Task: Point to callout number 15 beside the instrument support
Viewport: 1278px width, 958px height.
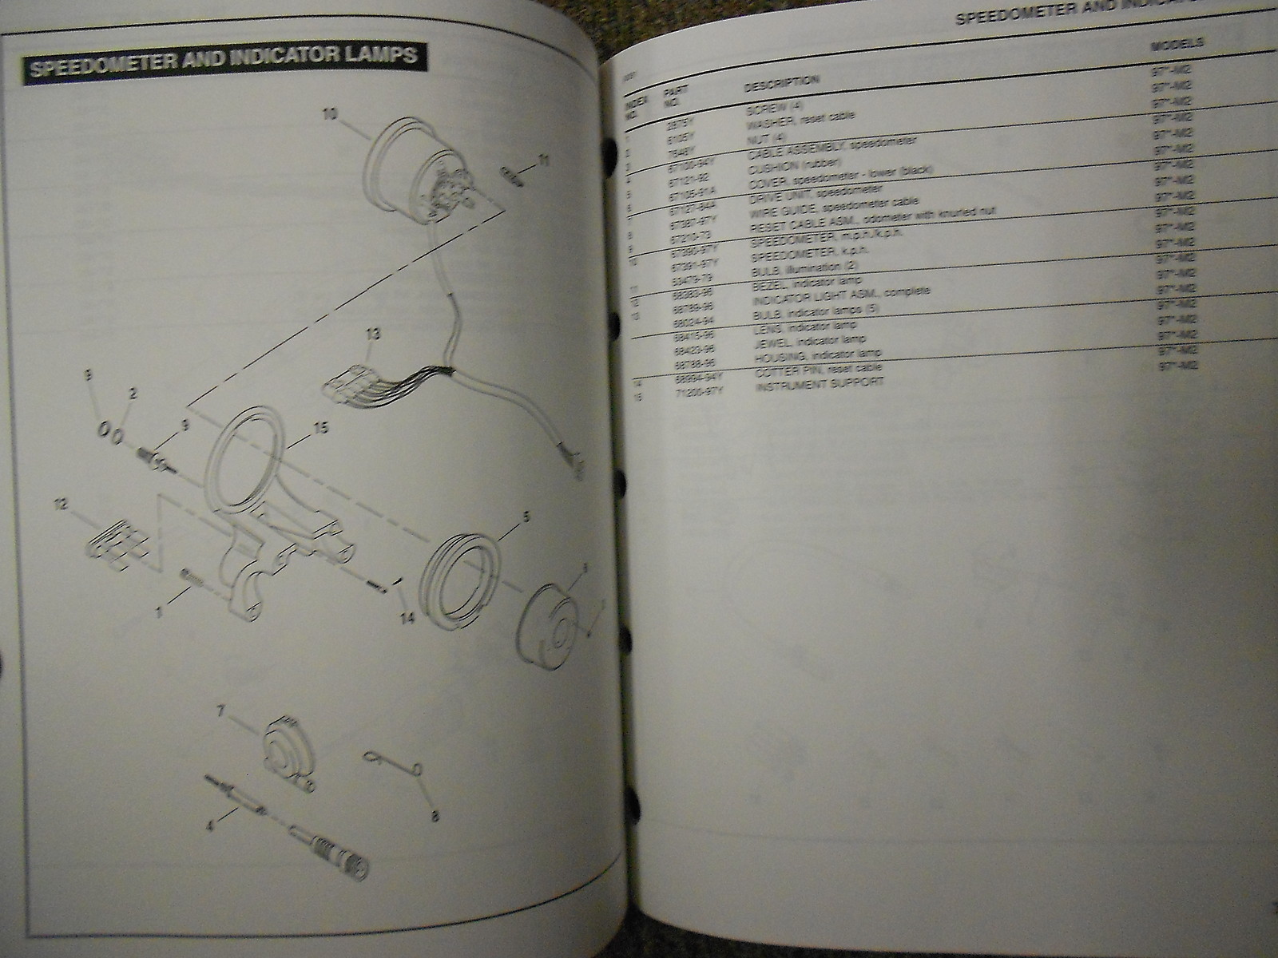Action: (x=321, y=428)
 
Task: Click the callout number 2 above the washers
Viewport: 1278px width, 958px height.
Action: (x=133, y=392)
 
